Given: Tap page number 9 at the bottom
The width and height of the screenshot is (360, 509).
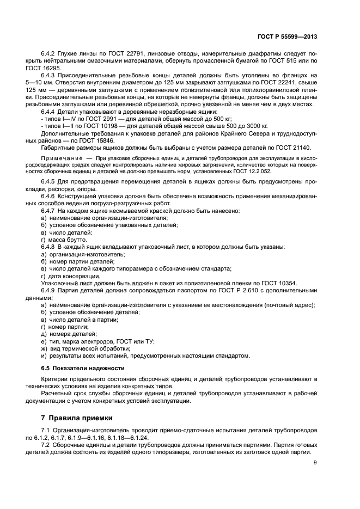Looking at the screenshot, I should tap(315, 463).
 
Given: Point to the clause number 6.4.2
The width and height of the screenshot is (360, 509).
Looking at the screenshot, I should tap(49, 54).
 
